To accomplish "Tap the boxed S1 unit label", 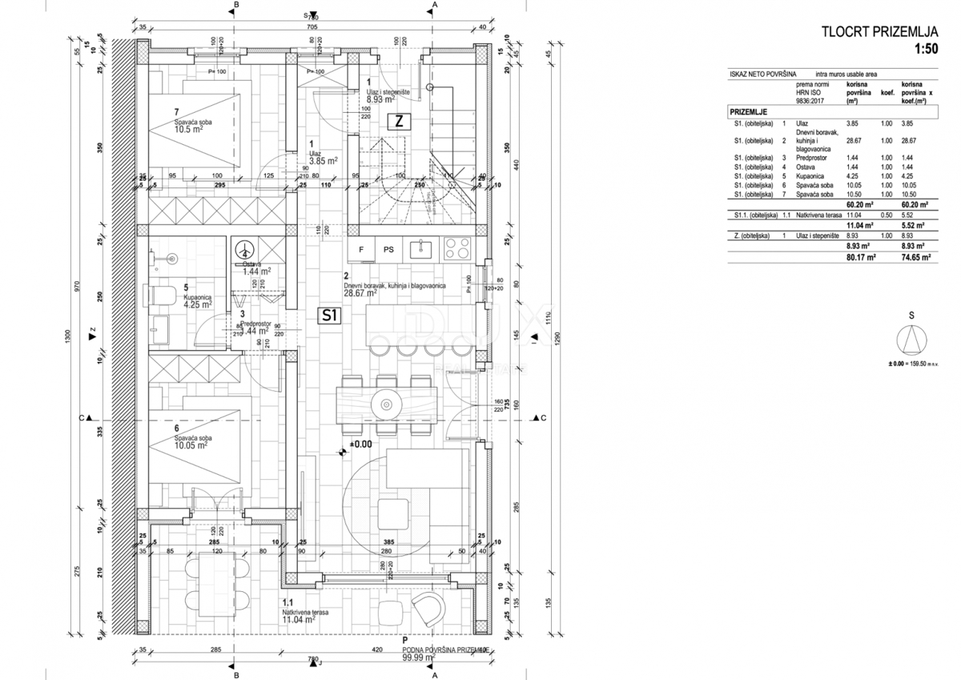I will click(x=330, y=316).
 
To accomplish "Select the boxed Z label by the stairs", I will click(x=397, y=122).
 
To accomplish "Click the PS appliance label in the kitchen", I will click(x=389, y=250).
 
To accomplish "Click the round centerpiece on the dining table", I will click(x=388, y=405).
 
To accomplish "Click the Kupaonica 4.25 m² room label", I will click(x=197, y=300).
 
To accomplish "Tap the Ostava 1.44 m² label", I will click(x=256, y=268).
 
